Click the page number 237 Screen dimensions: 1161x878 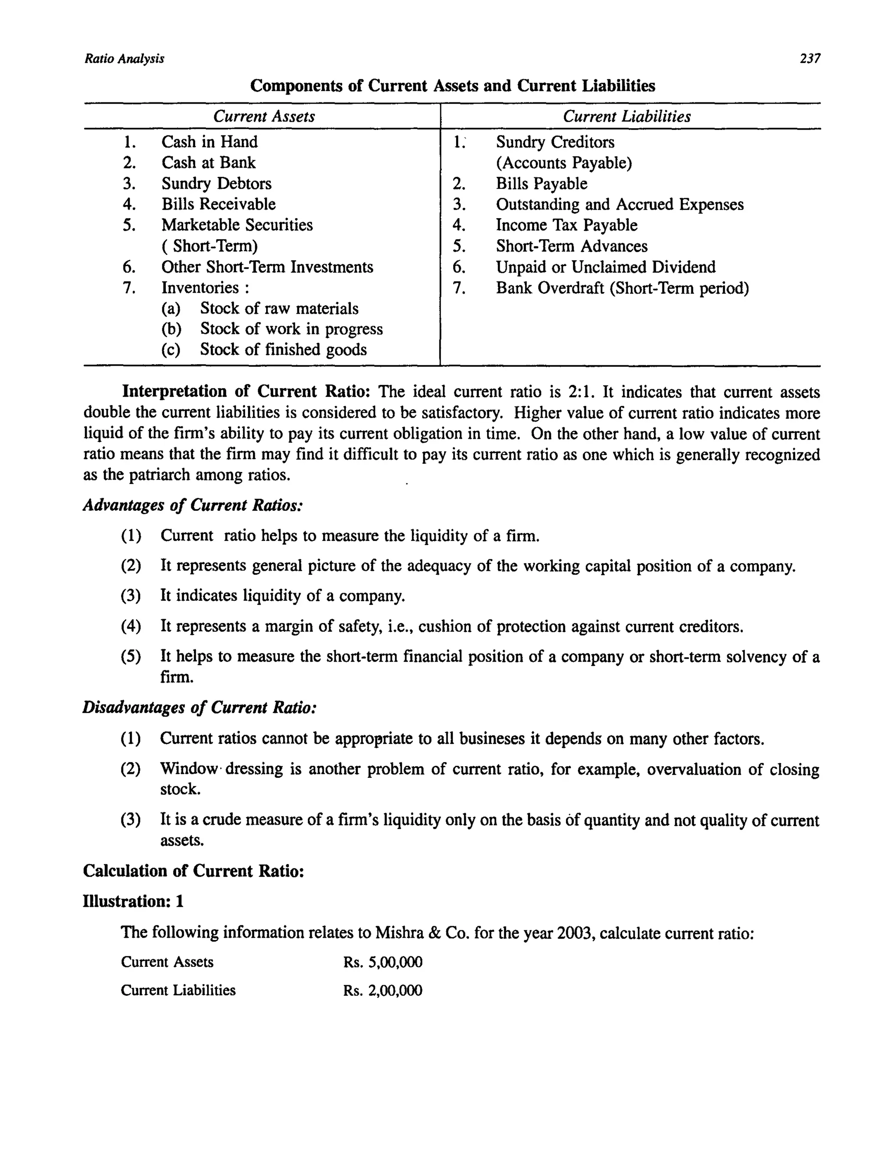pyautogui.click(x=810, y=58)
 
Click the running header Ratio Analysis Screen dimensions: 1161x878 pyautogui.click(x=124, y=58)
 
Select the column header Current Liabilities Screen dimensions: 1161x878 pyautogui.click(x=626, y=116)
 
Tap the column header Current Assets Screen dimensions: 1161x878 pyautogui.click(x=264, y=116)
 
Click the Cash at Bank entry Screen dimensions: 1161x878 pyautogui.click(x=208, y=163)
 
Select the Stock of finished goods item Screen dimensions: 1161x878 pyautogui.click(x=283, y=350)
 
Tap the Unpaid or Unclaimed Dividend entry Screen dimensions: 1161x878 pyautogui.click(x=605, y=267)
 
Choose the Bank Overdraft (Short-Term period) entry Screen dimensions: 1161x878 pyautogui.click(x=622, y=288)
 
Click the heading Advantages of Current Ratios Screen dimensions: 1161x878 pyautogui.click(x=193, y=505)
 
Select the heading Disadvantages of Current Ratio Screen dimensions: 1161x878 pyautogui.click(x=199, y=708)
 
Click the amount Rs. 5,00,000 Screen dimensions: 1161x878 pyautogui.click(x=382, y=962)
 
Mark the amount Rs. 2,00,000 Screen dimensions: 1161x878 pyautogui.click(x=382, y=990)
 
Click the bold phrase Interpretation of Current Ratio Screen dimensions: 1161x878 pyautogui.click(x=246, y=392)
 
